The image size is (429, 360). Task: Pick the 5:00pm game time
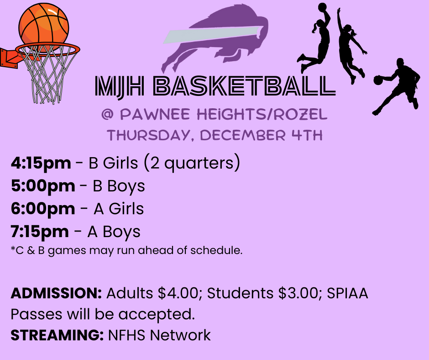click(43, 186)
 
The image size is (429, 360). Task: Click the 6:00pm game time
click(43, 209)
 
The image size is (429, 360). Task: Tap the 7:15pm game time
click(40, 232)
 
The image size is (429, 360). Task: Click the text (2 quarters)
click(192, 163)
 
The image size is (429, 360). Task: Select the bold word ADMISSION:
click(56, 293)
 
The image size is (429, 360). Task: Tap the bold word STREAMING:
click(57, 335)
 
